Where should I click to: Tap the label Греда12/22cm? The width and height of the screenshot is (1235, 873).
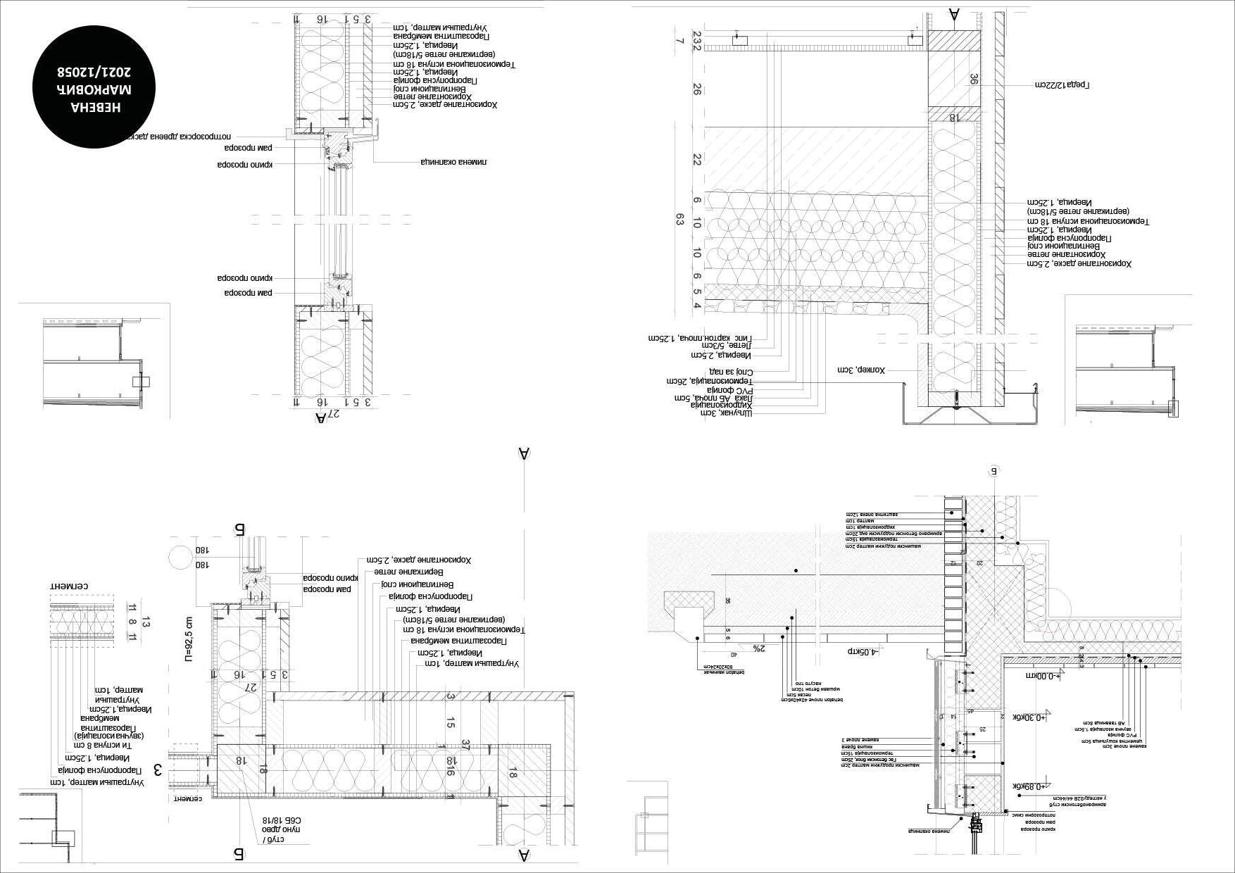click(x=1062, y=85)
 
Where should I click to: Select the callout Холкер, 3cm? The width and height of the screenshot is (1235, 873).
click(x=861, y=370)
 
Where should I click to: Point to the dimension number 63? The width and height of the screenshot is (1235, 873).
click(x=679, y=220)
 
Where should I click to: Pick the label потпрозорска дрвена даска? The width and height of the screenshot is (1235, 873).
click(x=179, y=137)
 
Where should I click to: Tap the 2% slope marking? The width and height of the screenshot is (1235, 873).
click(x=758, y=648)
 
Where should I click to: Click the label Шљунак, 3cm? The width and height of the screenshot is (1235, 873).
click(x=726, y=413)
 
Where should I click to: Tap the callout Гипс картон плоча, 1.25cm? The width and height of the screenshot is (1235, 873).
click(x=700, y=338)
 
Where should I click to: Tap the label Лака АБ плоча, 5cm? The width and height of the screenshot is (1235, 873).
click(x=713, y=398)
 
